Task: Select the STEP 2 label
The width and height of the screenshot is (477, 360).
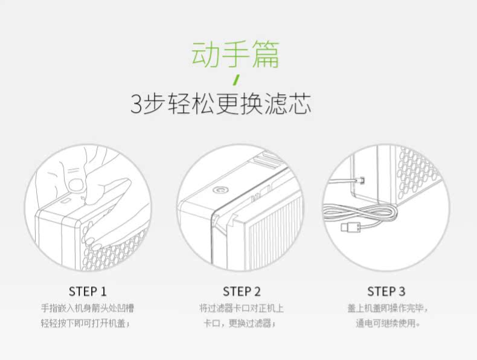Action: [242, 291]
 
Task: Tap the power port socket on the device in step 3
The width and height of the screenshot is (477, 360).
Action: [362, 179]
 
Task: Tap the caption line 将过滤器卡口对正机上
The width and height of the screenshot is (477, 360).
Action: [242, 308]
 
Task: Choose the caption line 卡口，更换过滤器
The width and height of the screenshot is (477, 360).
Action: [240, 323]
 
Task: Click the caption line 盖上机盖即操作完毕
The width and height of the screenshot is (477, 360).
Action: [388, 308]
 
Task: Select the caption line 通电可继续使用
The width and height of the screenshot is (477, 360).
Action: [388, 323]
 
